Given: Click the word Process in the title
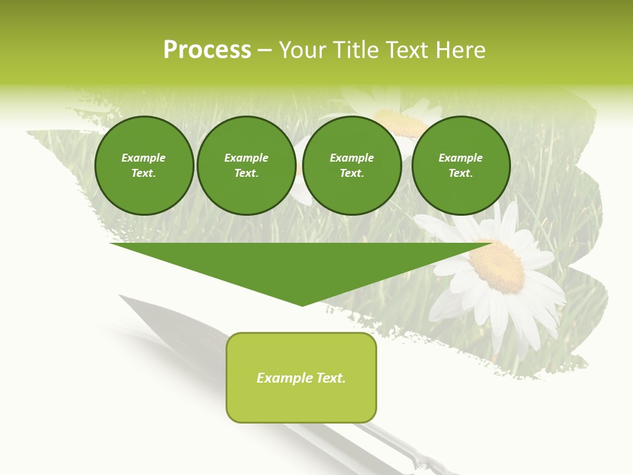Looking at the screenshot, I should pyautogui.click(x=207, y=50).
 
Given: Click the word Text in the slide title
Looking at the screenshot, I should pyautogui.click(x=410, y=50).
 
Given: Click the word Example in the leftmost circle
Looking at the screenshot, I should pyautogui.click(x=144, y=158).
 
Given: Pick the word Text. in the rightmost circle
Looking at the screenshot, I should pyautogui.click(x=460, y=173).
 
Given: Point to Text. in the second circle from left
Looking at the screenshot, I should pyautogui.click(x=246, y=173).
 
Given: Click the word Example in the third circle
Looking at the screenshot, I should pyautogui.click(x=351, y=158).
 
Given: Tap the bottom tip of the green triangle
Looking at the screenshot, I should pyautogui.click(x=302, y=304).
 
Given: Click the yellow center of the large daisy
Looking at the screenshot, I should pyautogui.click(x=498, y=266).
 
